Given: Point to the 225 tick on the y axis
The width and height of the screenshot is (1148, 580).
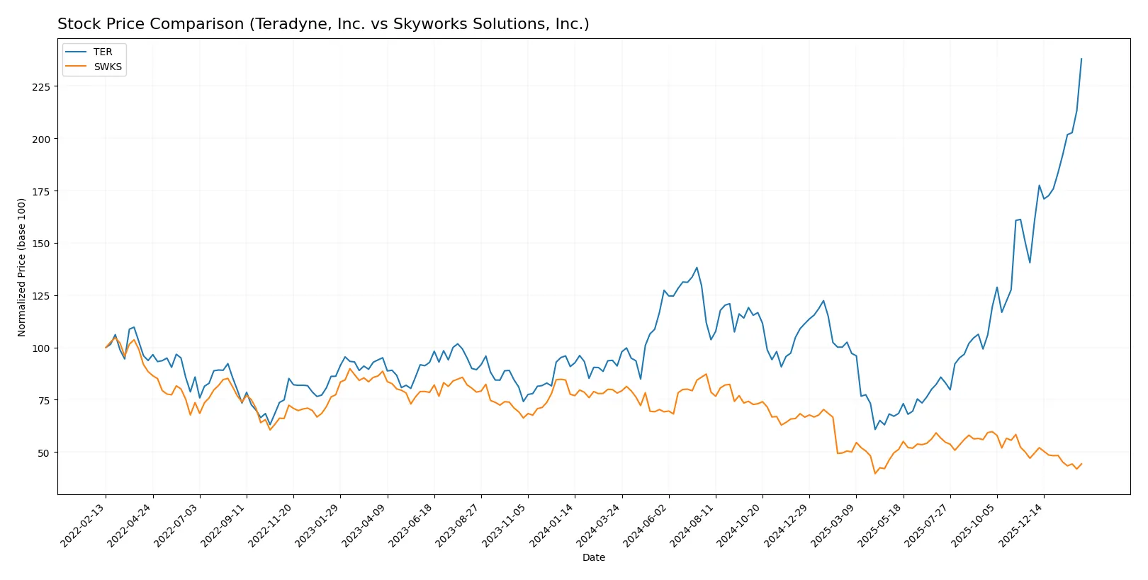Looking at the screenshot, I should [41, 86].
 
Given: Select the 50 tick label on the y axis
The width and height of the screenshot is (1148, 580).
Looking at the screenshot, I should [44, 453].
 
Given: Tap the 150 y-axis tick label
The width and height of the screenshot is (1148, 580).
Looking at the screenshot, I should [41, 244].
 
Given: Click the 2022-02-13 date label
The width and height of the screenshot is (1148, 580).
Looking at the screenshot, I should [84, 525].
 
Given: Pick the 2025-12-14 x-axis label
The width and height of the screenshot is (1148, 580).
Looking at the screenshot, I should [1021, 525].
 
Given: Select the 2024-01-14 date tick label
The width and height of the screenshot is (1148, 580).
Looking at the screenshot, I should [552, 525].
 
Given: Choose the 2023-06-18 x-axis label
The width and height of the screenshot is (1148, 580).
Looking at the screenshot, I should [412, 525].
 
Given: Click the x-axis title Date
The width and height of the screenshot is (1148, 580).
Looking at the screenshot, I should [593, 557].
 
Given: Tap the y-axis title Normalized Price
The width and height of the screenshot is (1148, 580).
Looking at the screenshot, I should [22, 267].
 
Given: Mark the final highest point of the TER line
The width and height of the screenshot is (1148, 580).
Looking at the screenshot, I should [1081, 59].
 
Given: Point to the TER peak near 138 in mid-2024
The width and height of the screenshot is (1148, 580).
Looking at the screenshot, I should [697, 268].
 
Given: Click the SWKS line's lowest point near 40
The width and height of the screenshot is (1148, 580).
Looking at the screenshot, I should [875, 473].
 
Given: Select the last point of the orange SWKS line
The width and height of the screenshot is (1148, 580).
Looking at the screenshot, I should [1081, 464].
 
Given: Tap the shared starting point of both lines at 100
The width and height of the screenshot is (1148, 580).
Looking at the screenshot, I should [106, 348].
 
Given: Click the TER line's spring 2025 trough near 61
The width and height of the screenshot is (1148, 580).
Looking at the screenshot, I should [875, 429].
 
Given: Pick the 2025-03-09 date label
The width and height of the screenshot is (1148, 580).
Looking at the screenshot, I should [833, 525].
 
